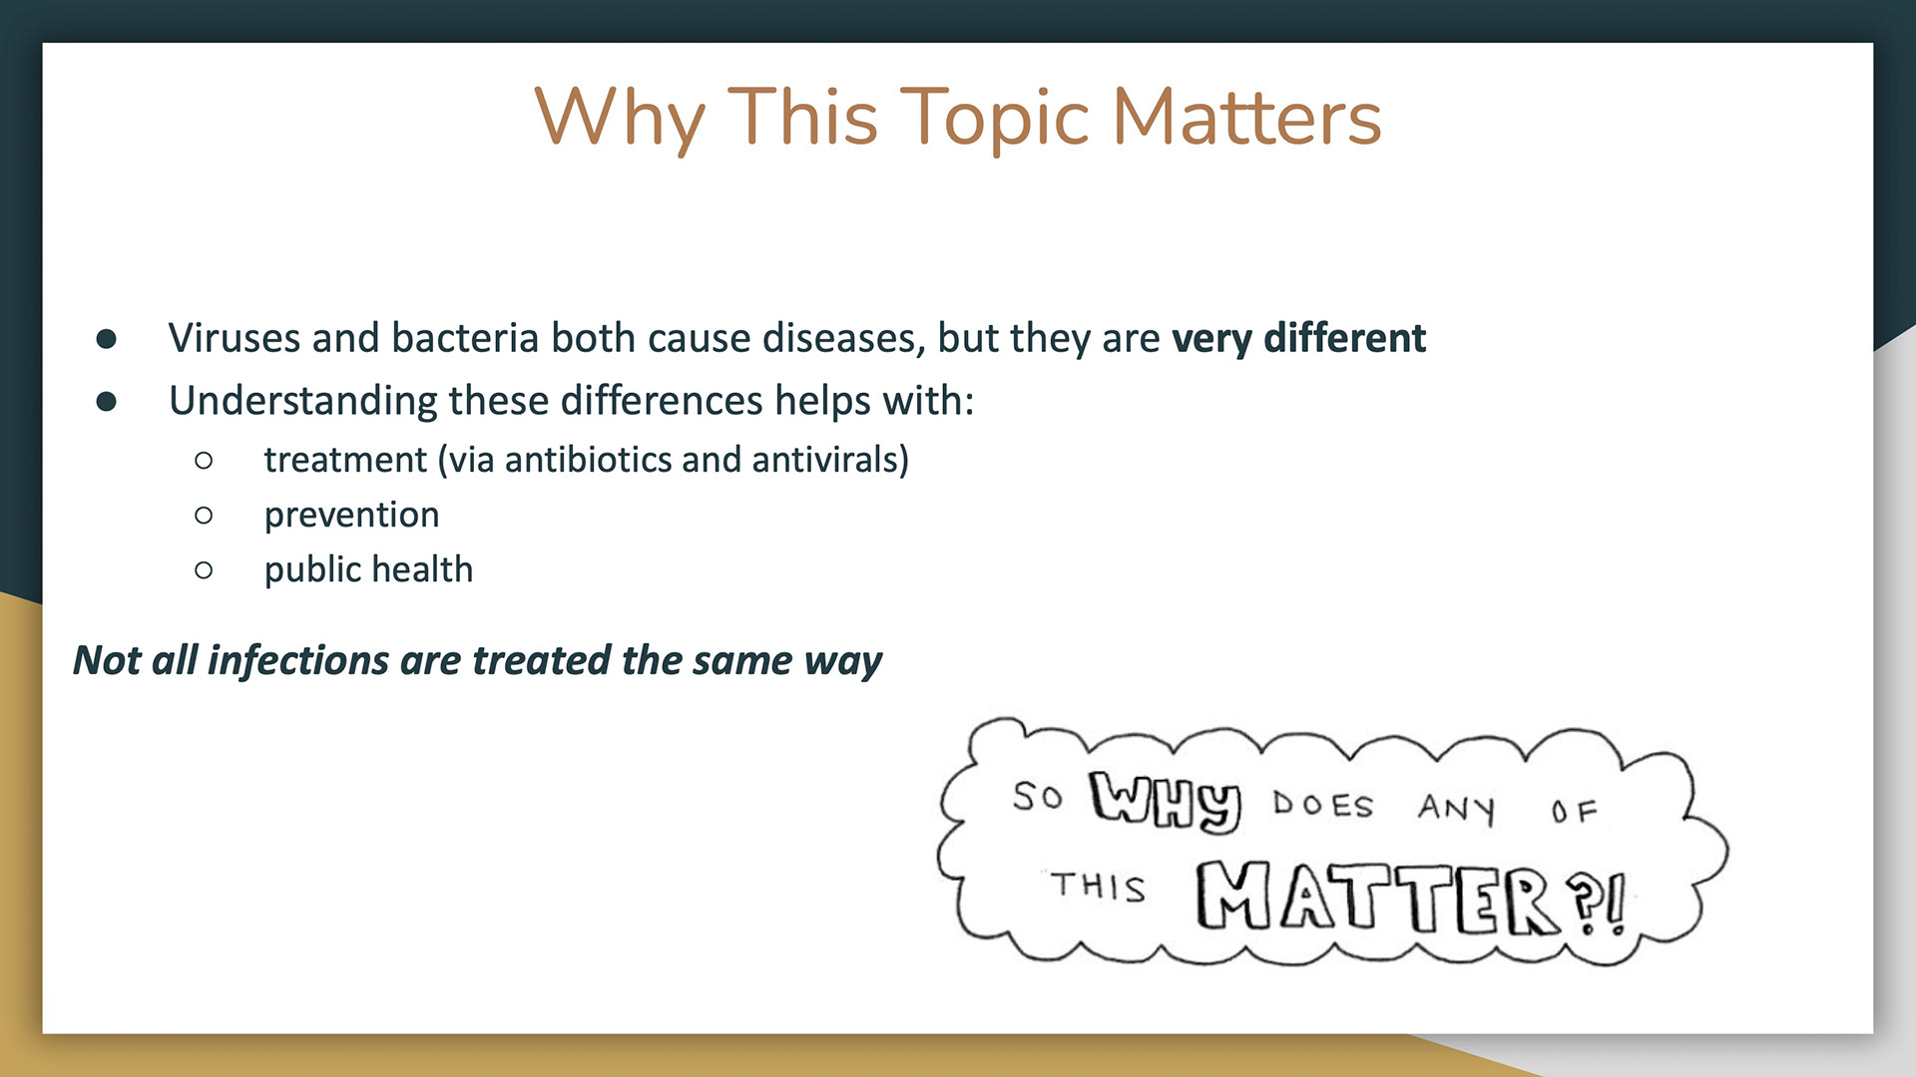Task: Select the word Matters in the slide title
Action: click(1246, 117)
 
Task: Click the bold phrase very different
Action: click(1298, 338)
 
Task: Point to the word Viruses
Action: click(235, 338)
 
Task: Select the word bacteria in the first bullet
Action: click(466, 338)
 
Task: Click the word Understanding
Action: click(302, 401)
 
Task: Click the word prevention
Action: click(351, 515)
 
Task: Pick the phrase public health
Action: click(368, 569)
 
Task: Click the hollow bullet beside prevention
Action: click(204, 516)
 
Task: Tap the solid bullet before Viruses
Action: click(107, 339)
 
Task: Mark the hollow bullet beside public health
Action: click(204, 570)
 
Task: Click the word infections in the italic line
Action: click(298, 660)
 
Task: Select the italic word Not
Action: click(107, 660)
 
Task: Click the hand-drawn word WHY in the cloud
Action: click(1166, 800)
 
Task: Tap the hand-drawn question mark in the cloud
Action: click(1585, 901)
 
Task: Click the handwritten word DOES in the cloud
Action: click(1323, 804)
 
